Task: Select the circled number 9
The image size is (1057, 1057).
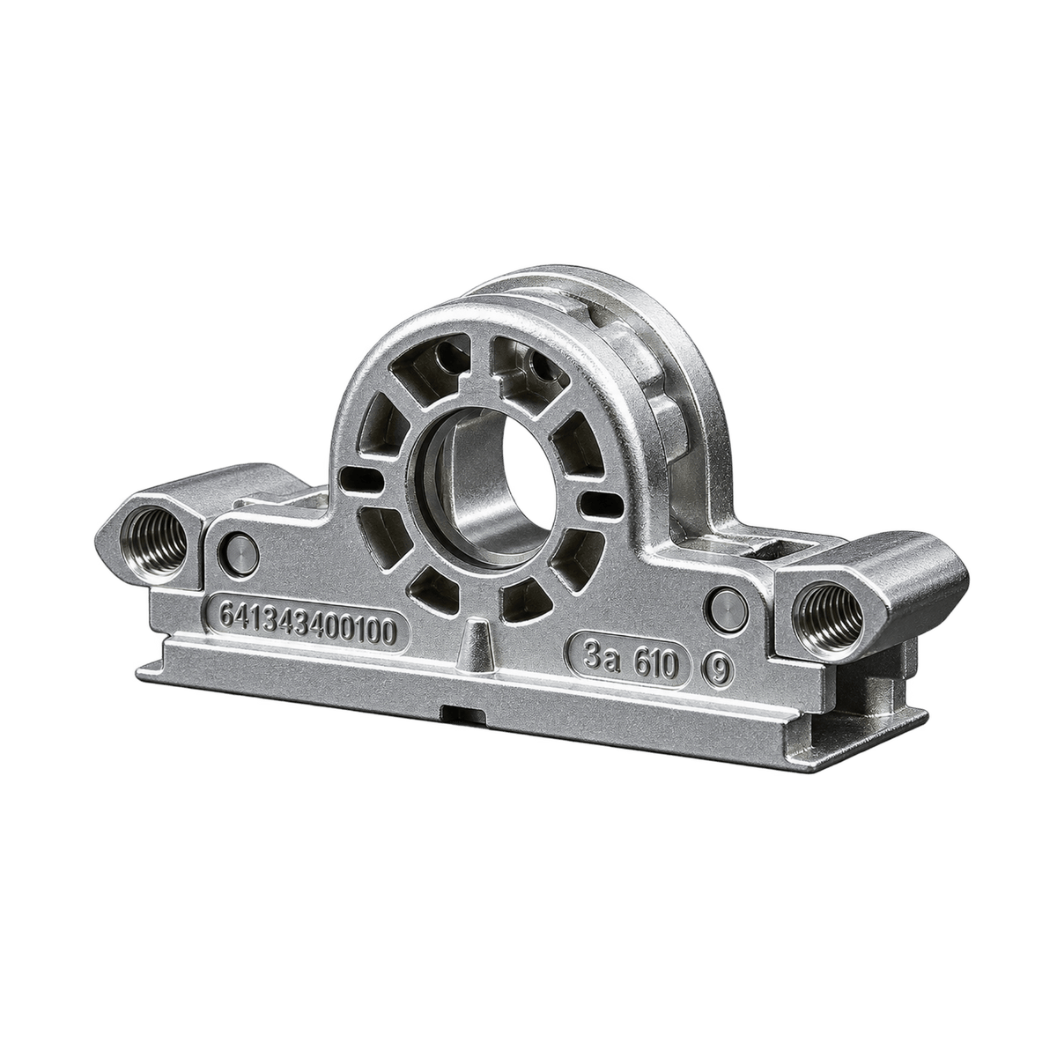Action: click(718, 669)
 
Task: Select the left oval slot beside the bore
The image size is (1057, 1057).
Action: click(360, 478)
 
